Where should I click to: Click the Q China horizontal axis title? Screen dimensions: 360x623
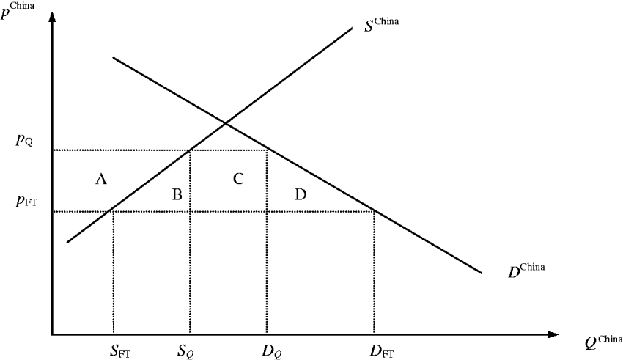click(602, 342)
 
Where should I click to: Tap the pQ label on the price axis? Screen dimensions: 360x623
click(24, 140)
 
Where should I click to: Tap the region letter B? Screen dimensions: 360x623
click(177, 194)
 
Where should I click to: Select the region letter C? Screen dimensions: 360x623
click(238, 178)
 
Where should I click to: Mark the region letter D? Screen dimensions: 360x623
click(300, 194)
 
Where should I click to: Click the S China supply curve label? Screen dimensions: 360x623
click(381, 24)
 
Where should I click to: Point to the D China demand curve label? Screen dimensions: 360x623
click(526, 269)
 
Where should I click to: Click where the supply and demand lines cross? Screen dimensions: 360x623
click(225, 122)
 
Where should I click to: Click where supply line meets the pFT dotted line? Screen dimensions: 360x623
click(112, 212)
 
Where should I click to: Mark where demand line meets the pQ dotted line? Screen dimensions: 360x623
click(266, 150)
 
